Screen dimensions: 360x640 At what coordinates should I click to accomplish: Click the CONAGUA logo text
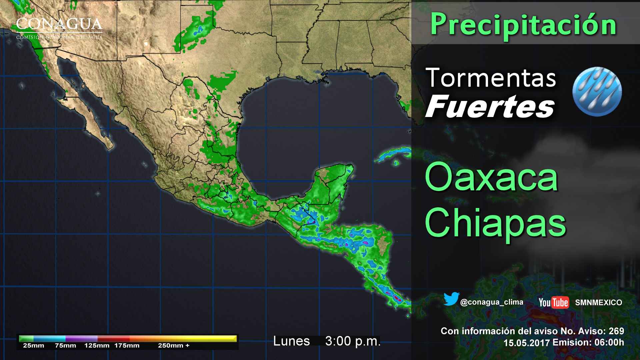point(59,25)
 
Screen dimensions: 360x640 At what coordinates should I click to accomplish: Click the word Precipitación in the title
point(523,24)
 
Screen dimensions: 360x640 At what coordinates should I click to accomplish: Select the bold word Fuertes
point(490,107)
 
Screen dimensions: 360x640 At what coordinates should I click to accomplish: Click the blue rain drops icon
point(597,91)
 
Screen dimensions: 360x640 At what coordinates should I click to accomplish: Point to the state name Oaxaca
point(491,177)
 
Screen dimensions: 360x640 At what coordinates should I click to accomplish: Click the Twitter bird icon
point(451,299)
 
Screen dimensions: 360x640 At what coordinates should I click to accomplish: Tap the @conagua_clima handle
point(491,302)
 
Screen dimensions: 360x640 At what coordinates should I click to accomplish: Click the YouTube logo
point(554,302)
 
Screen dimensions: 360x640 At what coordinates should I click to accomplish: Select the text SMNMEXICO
point(598,303)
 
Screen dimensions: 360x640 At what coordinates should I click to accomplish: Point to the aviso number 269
point(616,331)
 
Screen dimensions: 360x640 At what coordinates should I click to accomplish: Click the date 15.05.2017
point(526,343)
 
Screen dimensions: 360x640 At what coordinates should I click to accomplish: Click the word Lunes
point(291,341)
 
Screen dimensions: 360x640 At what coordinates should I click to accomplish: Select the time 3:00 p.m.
point(353,341)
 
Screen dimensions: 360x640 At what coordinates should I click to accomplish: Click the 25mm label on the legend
point(33,346)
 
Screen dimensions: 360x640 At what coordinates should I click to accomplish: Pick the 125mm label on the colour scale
point(97,346)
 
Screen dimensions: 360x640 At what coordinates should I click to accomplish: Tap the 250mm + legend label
point(174,346)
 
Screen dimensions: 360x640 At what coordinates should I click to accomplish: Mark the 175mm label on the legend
point(127,346)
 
